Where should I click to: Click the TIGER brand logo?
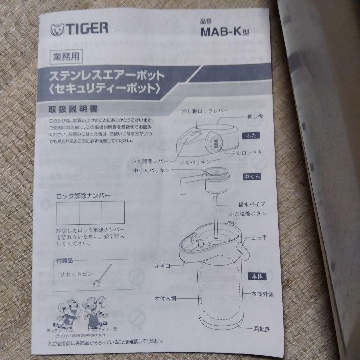[79, 29]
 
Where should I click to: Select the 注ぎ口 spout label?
[163, 266]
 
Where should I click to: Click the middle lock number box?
[90, 212]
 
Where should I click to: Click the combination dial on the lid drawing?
[215, 143]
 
